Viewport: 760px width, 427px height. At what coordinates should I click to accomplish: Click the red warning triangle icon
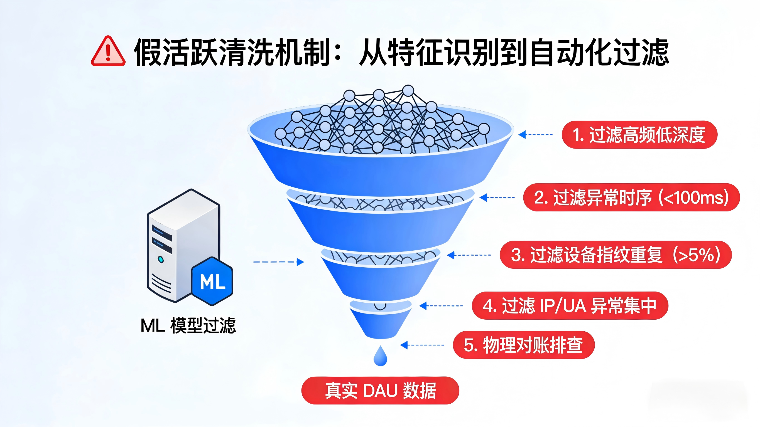pos(108,52)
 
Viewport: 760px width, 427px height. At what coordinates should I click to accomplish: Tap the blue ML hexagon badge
pos(212,281)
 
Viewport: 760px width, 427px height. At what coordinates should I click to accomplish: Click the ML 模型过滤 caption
pos(188,325)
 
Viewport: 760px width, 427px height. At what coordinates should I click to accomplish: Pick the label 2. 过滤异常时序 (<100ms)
pos(631,197)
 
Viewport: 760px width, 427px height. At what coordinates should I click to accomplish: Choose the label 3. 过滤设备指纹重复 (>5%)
pos(616,255)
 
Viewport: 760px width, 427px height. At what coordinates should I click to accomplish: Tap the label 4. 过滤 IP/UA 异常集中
pos(570,305)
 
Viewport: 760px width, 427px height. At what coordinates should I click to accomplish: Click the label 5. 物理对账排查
pos(523,345)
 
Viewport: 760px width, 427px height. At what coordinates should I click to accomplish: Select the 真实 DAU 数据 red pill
pos(380,391)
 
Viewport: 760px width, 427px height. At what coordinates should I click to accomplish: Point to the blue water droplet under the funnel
pos(380,357)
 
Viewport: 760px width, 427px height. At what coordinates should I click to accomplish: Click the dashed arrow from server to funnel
pos(278,262)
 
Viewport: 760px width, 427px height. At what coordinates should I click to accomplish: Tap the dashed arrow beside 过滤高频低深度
pos(536,135)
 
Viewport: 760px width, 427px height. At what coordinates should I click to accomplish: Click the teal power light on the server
pos(161,260)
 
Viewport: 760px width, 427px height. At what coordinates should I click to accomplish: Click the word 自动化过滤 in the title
pos(599,53)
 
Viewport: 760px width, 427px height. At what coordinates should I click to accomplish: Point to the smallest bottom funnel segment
pos(380,324)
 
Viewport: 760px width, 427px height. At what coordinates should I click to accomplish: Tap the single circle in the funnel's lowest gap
pos(380,305)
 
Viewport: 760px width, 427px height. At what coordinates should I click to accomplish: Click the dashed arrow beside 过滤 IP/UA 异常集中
pos(441,306)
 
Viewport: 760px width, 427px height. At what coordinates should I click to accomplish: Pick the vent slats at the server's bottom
pos(161,283)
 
